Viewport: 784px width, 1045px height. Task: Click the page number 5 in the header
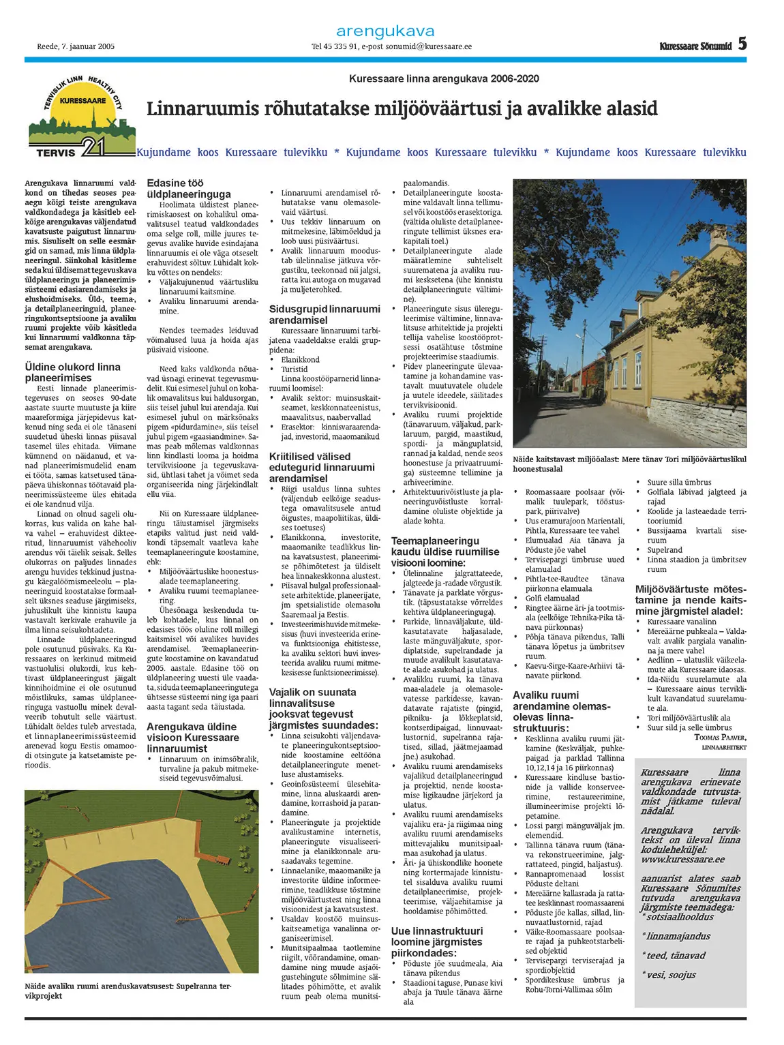pos(742,44)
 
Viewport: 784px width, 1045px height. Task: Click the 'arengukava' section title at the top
pos(385,31)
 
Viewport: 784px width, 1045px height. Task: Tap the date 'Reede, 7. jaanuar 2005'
pos(76,47)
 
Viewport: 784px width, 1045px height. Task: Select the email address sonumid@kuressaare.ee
pos(428,47)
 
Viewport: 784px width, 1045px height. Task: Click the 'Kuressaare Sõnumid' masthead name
pos(695,46)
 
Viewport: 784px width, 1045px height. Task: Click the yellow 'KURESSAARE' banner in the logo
pos(82,101)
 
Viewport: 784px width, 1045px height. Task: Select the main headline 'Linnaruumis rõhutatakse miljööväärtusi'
pos(402,109)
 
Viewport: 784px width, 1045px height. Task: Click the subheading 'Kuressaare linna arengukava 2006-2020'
pos(444,78)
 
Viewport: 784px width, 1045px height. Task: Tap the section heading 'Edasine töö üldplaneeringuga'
pos(189,189)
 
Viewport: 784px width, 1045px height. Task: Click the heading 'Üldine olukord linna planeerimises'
pos(72,372)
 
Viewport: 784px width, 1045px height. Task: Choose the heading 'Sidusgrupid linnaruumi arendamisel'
pos(325,314)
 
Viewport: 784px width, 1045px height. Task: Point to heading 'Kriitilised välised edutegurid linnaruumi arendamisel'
pos(322,467)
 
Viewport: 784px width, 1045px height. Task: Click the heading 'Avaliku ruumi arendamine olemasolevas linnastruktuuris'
pos(562,712)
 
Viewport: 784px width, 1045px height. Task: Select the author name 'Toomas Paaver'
pos(719,737)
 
